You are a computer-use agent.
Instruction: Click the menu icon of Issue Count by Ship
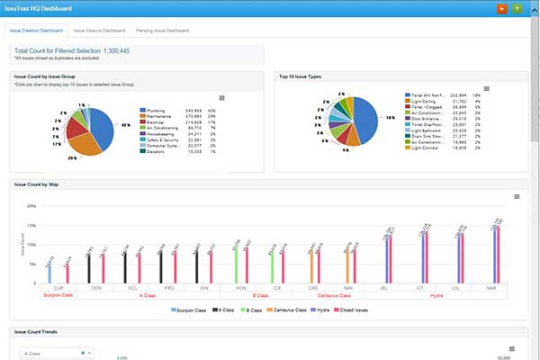pos(517,196)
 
